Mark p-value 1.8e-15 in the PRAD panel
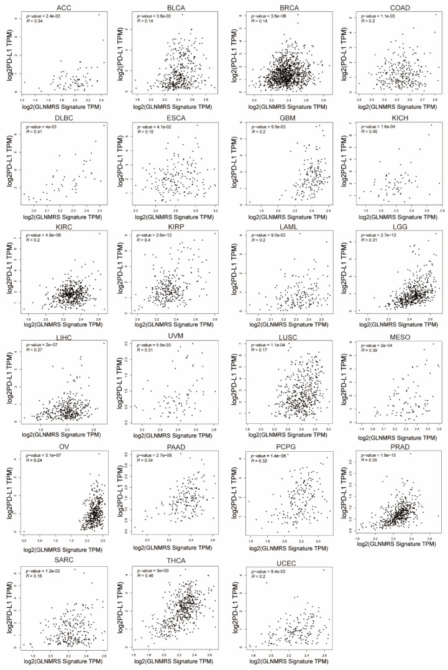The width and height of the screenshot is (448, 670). [x=376, y=457]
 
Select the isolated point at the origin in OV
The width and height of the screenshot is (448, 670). [x=24, y=531]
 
